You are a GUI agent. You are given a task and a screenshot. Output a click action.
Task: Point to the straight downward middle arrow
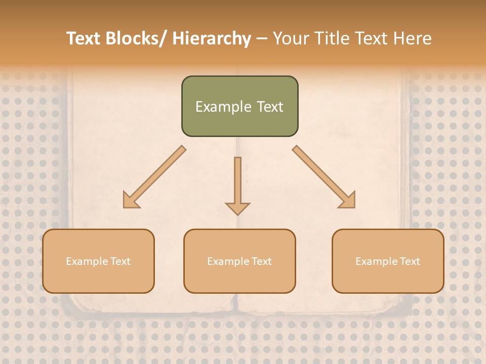coord(237,182)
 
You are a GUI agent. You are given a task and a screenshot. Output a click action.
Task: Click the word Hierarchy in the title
coord(212,38)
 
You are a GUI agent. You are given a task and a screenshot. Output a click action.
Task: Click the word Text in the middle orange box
coord(261,261)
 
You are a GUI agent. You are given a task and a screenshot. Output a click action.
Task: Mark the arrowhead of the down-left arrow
coord(131,201)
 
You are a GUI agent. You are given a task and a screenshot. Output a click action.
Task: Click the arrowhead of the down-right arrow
coord(348,200)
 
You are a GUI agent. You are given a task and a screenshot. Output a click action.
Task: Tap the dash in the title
coord(262,39)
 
